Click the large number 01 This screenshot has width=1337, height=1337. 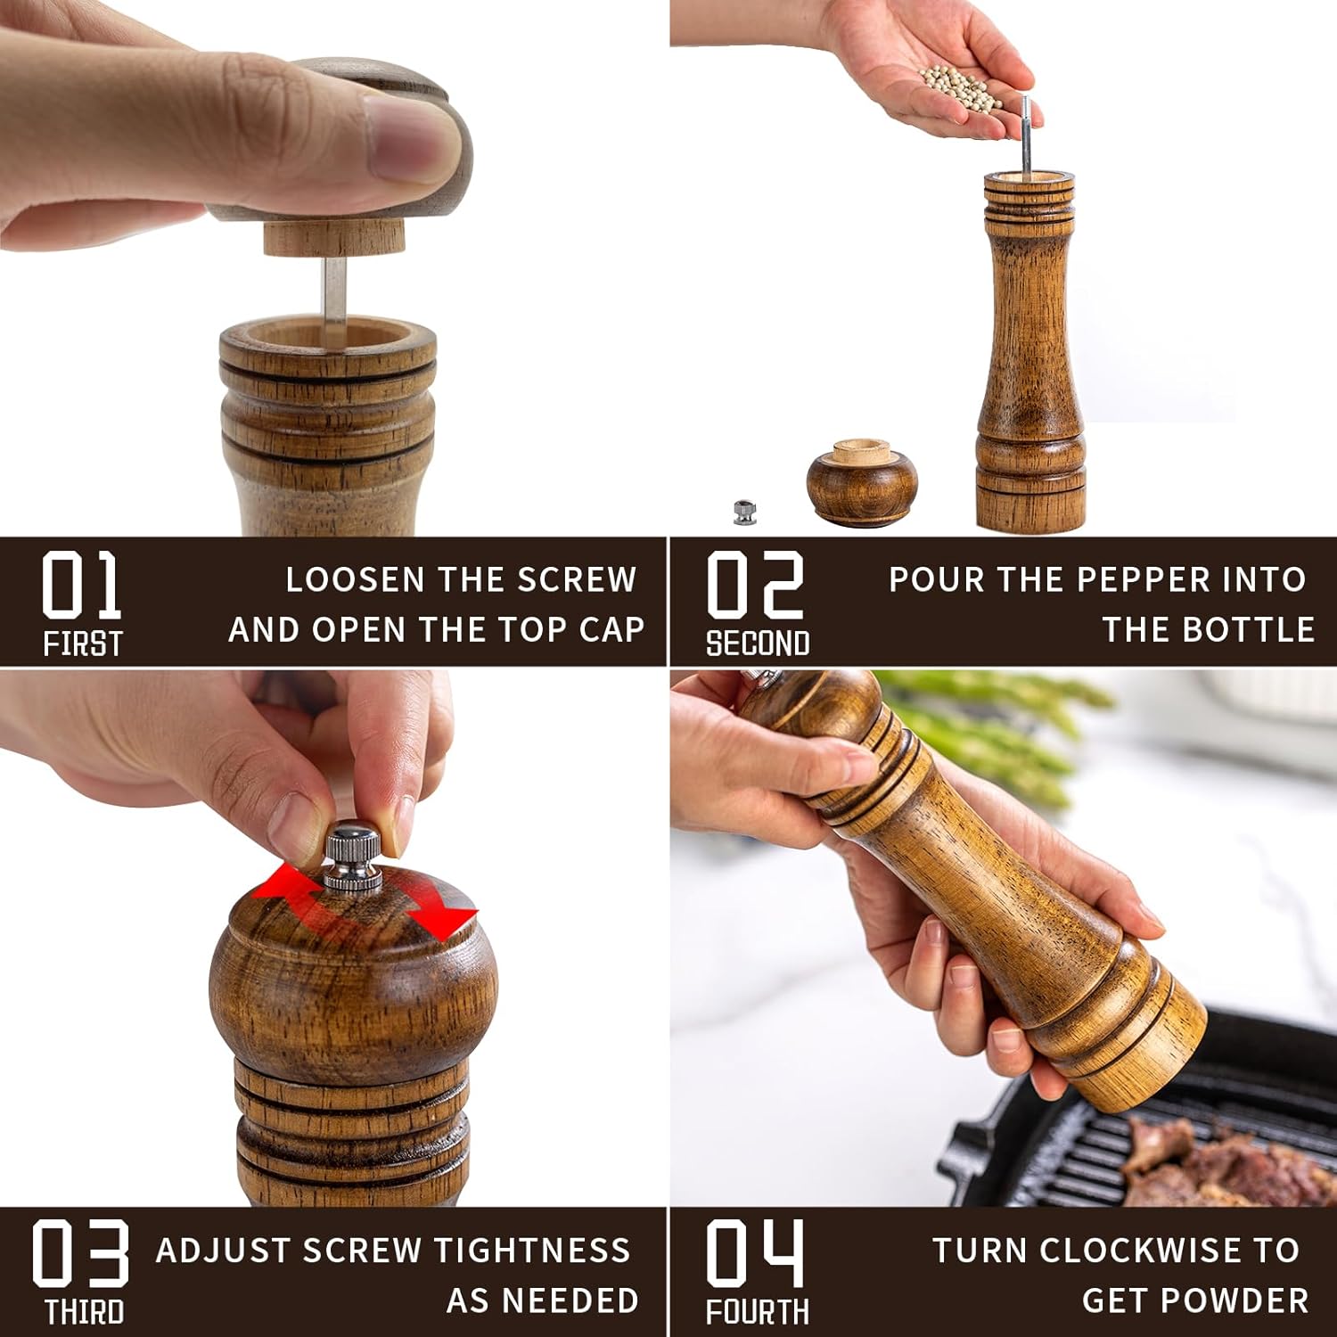(x=81, y=585)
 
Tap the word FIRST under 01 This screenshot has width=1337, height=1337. (x=82, y=644)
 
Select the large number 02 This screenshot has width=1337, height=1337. (x=755, y=585)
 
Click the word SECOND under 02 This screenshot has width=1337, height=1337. (x=758, y=644)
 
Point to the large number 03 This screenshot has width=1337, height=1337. (x=81, y=1254)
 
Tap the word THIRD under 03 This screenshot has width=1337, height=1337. (x=84, y=1313)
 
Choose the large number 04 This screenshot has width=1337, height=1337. (x=755, y=1254)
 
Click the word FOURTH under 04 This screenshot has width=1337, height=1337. (x=758, y=1313)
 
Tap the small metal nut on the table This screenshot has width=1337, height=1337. (x=745, y=512)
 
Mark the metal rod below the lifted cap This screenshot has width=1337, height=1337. (x=333, y=300)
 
